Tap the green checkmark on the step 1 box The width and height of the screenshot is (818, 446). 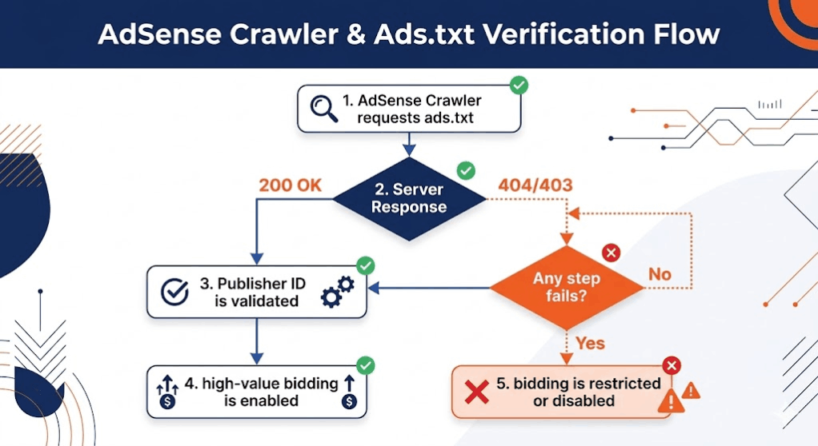[x=519, y=85]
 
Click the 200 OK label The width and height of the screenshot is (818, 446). [x=290, y=185]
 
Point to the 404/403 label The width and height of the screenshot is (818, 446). [x=535, y=185]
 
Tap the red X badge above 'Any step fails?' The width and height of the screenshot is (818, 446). [x=611, y=253]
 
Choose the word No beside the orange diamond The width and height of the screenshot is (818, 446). [x=660, y=274]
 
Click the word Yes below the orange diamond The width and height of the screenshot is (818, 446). [x=590, y=344]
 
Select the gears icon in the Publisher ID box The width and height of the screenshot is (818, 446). [x=337, y=292]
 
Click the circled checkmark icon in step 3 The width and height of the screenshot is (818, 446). [x=174, y=292]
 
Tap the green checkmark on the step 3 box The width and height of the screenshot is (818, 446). [x=365, y=265]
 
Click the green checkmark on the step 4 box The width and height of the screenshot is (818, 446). [x=365, y=365]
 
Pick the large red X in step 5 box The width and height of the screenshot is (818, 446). [x=478, y=392]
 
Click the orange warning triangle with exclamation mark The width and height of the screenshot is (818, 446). [x=691, y=390]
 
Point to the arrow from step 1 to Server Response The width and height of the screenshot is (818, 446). [x=409, y=144]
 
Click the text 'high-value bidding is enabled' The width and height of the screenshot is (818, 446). [x=261, y=392]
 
